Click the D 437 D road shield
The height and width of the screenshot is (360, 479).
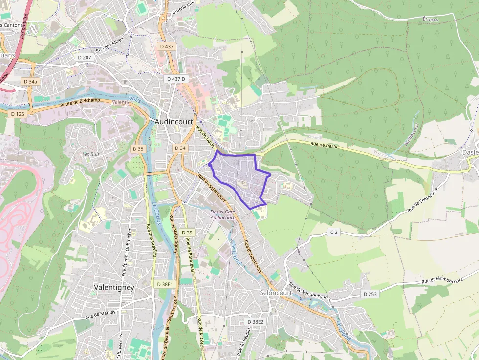pyautogui.click(x=176, y=78)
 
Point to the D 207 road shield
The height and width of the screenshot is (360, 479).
pyautogui.click(x=85, y=57)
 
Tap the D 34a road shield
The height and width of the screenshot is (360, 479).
pyautogui.click(x=30, y=81)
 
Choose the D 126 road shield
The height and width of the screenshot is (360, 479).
pyautogui.click(x=17, y=114)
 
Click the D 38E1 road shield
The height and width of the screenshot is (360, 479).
pyautogui.click(x=165, y=284)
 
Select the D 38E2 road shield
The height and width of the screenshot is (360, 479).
pyautogui.click(x=255, y=322)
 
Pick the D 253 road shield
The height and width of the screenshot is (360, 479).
pyautogui.click(x=370, y=294)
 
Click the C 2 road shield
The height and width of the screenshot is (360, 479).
pyautogui.click(x=333, y=232)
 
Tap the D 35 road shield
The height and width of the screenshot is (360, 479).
pyautogui.click(x=186, y=233)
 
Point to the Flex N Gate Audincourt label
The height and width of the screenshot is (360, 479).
pyautogui.click(x=222, y=214)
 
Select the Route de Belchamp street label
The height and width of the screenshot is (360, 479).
pyautogui.click(x=80, y=103)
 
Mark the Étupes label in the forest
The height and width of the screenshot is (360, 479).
pyautogui.click(x=430, y=20)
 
